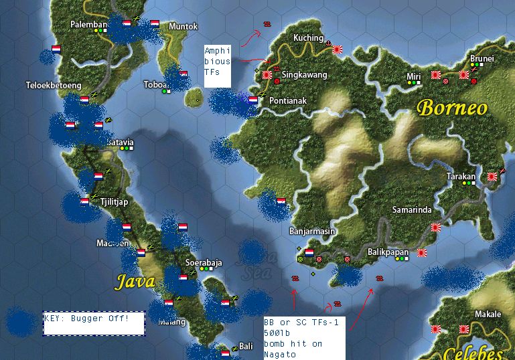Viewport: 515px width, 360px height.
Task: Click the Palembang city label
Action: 88,25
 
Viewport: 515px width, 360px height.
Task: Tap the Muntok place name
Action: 183,27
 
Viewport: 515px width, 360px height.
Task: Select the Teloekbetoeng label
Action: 53,86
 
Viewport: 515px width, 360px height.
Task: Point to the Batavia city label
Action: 121,143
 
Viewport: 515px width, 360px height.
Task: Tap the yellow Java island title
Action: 136,281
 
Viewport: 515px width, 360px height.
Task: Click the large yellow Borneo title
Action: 453,108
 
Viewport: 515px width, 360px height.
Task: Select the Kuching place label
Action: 308,38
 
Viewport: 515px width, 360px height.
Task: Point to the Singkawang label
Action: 304,75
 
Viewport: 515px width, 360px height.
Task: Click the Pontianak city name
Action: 287,101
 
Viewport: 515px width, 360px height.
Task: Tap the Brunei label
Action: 482,59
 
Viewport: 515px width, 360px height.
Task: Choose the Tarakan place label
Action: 461,177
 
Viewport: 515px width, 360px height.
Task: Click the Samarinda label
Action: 412,210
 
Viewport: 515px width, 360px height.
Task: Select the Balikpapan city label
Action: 388,252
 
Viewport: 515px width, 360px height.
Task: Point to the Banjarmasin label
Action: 312,232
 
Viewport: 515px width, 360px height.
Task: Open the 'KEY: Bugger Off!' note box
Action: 94,323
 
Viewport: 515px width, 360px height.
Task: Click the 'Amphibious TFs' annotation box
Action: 218,66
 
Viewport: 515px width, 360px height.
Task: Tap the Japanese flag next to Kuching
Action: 338,48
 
